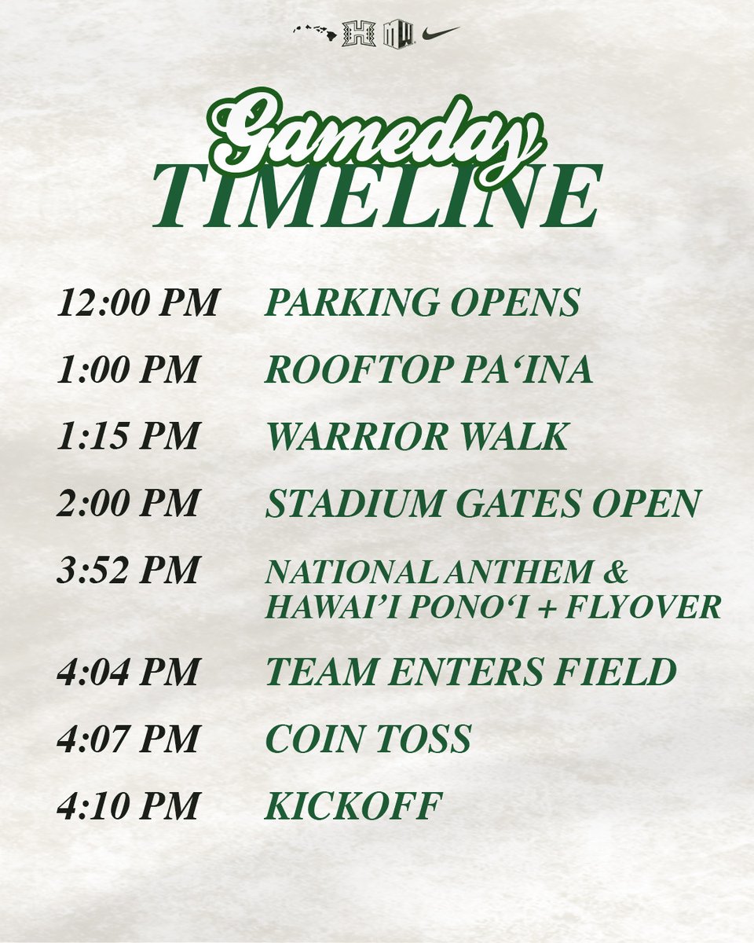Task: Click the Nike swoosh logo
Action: pyautogui.click(x=441, y=33)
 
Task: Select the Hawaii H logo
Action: pyautogui.click(x=358, y=33)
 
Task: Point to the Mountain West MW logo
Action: pyautogui.click(x=399, y=33)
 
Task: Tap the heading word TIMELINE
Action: pyautogui.click(x=378, y=196)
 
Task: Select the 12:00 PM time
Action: pyautogui.click(x=137, y=303)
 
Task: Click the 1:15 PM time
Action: pyautogui.click(x=128, y=435)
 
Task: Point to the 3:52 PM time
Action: pyautogui.click(x=128, y=570)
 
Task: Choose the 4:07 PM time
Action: pyautogui.click(x=128, y=739)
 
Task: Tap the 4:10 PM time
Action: pyautogui.click(x=128, y=805)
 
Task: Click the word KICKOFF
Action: pyautogui.click(x=353, y=805)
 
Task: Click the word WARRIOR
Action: pyautogui.click(x=358, y=435)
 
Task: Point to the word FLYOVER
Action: pyautogui.click(x=643, y=607)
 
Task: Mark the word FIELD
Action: pyautogui.click(x=614, y=671)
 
